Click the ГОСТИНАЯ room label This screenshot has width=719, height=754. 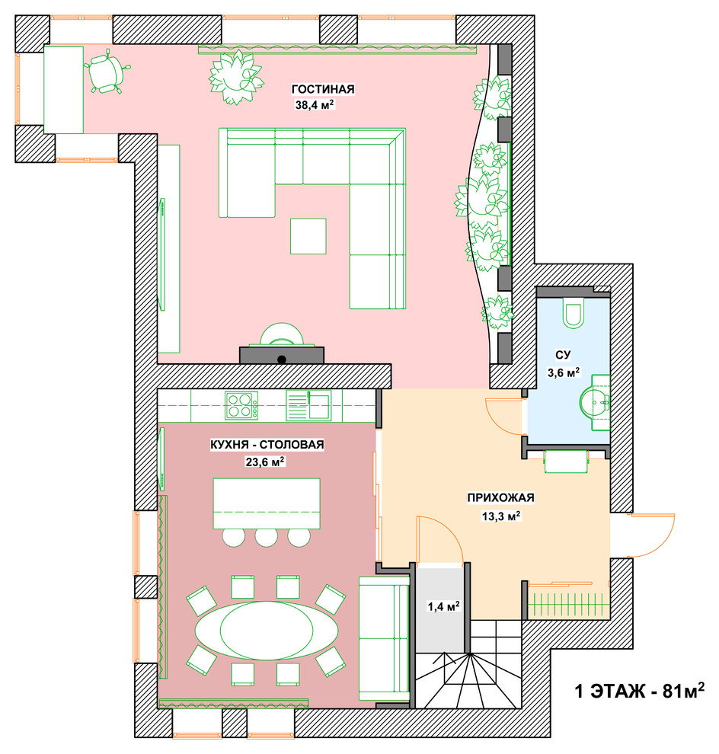(x=323, y=89)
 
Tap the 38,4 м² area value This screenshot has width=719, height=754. (x=315, y=105)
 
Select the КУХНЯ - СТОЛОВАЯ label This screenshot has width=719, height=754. (x=267, y=445)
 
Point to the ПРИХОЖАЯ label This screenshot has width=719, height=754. (x=500, y=497)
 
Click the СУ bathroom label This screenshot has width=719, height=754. (x=563, y=355)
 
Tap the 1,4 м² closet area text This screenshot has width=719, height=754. (x=443, y=606)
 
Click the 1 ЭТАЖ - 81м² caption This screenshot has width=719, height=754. (x=640, y=691)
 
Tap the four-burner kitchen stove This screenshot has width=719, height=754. (x=241, y=405)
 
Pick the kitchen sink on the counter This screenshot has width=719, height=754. (x=308, y=406)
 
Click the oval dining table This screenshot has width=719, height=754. (x=267, y=630)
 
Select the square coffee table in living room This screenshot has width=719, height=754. (x=308, y=236)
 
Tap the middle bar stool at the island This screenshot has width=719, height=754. (x=267, y=537)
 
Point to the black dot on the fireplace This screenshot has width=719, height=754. (x=282, y=359)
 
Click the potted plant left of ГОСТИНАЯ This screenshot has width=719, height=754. (x=235, y=77)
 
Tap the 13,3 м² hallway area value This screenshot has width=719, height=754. (x=501, y=516)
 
